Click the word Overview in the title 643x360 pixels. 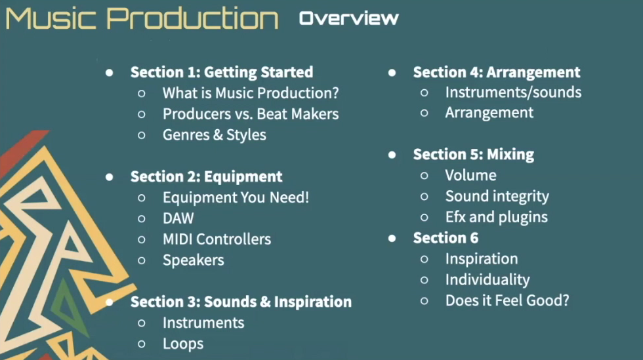point(348,18)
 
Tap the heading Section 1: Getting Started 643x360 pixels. point(222,72)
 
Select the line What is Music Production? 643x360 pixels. point(251,93)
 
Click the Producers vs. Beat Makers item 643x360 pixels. point(251,114)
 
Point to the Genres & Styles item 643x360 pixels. point(215,135)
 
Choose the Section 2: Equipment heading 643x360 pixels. point(206,176)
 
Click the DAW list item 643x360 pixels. point(178,218)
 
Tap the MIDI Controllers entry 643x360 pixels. point(217,239)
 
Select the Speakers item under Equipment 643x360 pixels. point(193,260)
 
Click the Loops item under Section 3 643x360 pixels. point(183,344)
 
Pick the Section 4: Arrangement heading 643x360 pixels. point(497,72)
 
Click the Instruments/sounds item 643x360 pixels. point(513,92)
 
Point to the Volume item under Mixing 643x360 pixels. point(471,176)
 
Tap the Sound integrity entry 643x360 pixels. point(497,197)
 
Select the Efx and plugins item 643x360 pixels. point(497,217)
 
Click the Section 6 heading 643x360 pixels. point(446,238)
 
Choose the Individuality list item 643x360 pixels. point(487,279)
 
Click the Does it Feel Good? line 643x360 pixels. point(507,300)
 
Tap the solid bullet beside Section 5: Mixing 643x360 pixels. point(392,155)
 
